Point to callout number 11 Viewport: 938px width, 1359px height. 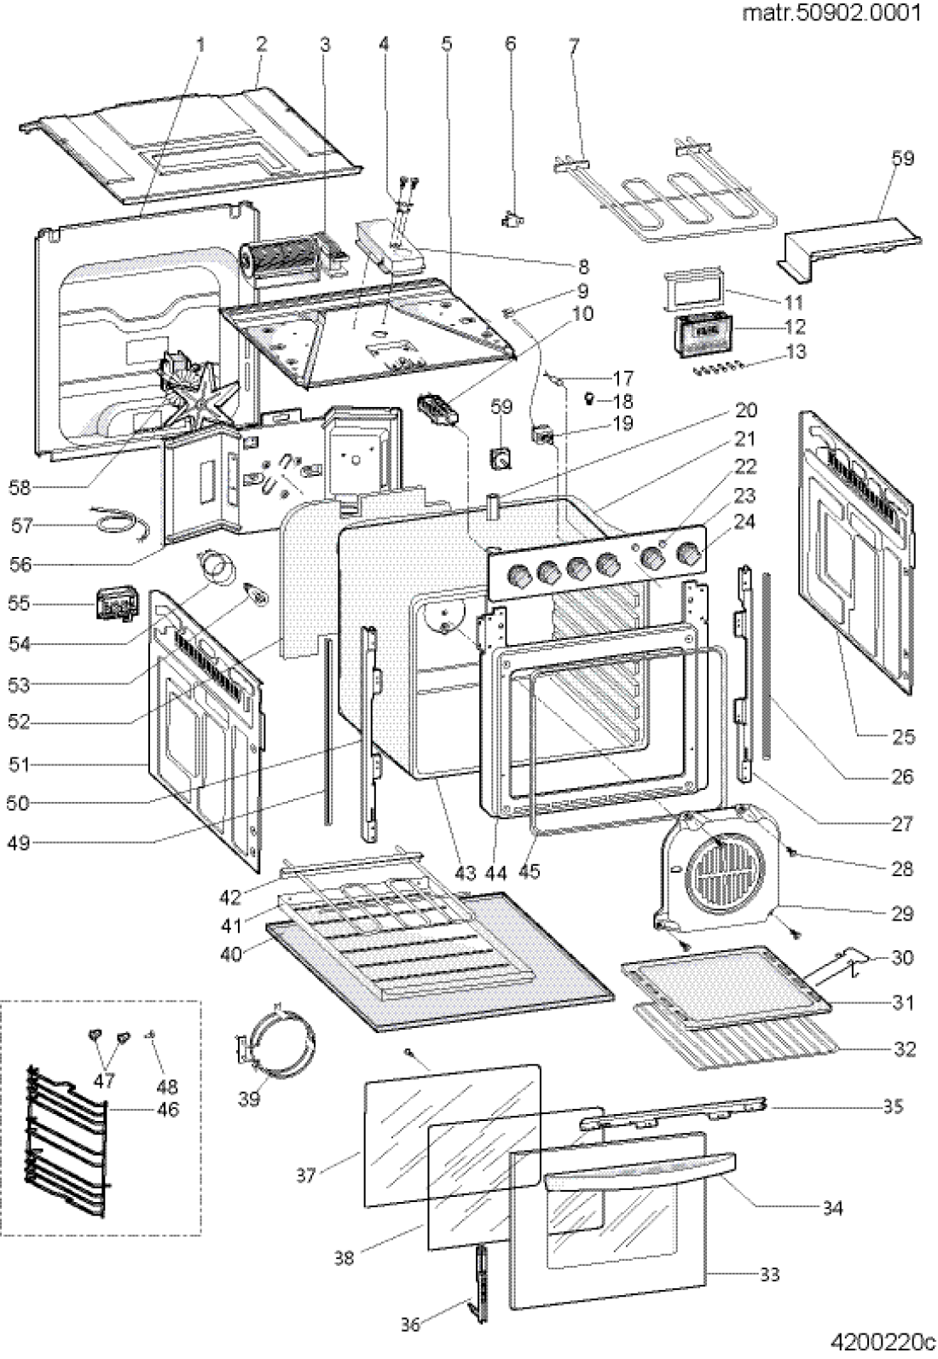[x=794, y=302]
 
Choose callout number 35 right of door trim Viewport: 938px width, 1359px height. [x=892, y=1106]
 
